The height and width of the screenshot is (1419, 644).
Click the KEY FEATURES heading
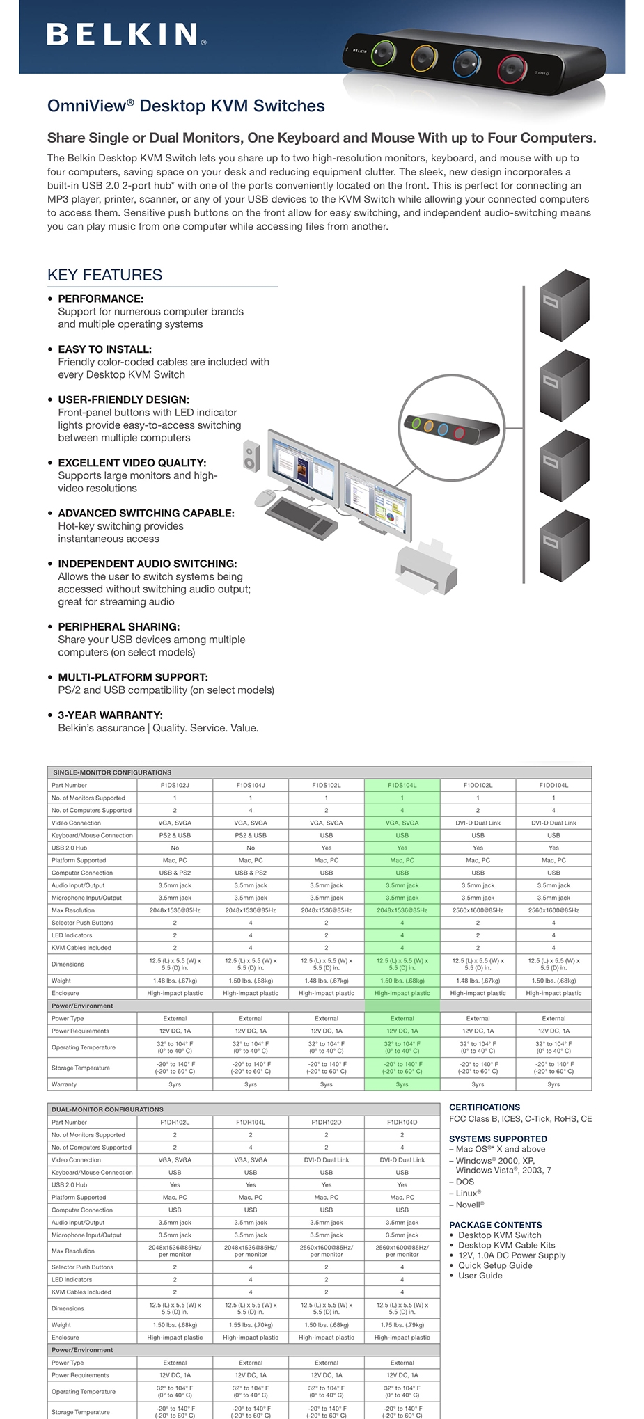(x=104, y=275)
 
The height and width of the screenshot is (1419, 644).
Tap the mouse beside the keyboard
(x=266, y=497)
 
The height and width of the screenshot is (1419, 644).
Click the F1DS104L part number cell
(x=402, y=785)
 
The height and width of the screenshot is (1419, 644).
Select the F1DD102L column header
(x=478, y=785)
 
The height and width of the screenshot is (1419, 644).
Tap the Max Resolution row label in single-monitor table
(x=73, y=910)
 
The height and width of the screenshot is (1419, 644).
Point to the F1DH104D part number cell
(x=402, y=1122)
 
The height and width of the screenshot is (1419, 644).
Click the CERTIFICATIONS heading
(x=485, y=1107)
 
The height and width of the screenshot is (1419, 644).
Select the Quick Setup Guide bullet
(x=495, y=1265)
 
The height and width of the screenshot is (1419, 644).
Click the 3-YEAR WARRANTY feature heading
(x=110, y=715)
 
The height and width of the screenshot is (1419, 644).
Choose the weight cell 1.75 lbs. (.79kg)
(x=402, y=1324)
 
